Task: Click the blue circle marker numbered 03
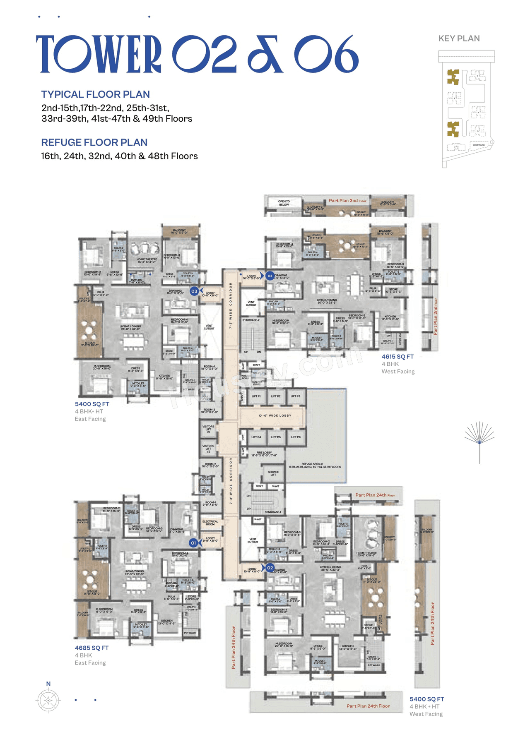click(x=194, y=291)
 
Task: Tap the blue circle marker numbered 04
click(x=270, y=276)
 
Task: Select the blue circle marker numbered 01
click(x=193, y=543)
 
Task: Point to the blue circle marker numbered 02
click(x=270, y=568)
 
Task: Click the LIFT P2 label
click(x=276, y=396)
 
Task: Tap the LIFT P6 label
click(x=296, y=437)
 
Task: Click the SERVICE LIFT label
click(x=273, y=473)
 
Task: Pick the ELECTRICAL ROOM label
click(x=210, y=523)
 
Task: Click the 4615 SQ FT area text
click(x=397, y=356)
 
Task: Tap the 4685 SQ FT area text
click(x=92, y=648)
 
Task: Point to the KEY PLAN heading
click(x=459, y=38)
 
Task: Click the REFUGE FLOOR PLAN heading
click(x=94, y=142)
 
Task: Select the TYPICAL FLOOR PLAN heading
click(x=95, y=94)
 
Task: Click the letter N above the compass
click(x=48, y=684)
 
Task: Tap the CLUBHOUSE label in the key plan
click(x=479, y=145)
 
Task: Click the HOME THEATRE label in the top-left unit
click(x=147, y=260)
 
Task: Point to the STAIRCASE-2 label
click(x=251, y=320)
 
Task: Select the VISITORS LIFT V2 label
click(x=208, y=449)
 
